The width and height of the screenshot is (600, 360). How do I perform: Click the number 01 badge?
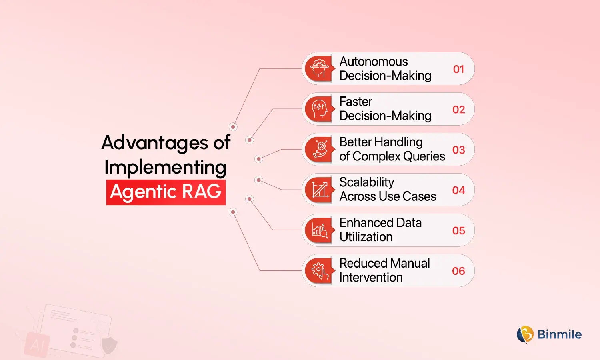(x=458, y=69)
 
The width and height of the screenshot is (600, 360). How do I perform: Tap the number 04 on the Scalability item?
(x=458, y=190)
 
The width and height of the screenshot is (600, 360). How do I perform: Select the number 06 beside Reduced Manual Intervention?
(x=458, y=271)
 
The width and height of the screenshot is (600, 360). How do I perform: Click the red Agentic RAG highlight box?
(x=166, y=192)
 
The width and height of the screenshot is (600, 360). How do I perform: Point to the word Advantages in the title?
(x=155, y=143)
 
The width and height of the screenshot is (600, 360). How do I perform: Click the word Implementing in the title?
(x=165, y=167)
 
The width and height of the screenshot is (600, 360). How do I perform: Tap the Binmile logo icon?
(x=525, y=334)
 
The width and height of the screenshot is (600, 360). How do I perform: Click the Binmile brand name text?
(x=559, y=334)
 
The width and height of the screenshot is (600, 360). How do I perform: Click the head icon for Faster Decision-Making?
(x=320, y=109)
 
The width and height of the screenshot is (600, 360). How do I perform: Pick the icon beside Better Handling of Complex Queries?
(x=320, y=150)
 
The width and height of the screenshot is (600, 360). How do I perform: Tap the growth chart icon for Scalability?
(x=320, y=190)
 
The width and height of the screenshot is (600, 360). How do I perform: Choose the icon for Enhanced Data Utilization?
(x=320, y=230)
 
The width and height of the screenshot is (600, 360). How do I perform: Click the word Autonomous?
(x=373, y=62)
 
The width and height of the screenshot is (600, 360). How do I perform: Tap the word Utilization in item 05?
(x=366, y=237)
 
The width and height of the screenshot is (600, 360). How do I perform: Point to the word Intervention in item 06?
(x=371, y=277)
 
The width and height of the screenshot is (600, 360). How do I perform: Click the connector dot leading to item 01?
(x=233, y=127)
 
